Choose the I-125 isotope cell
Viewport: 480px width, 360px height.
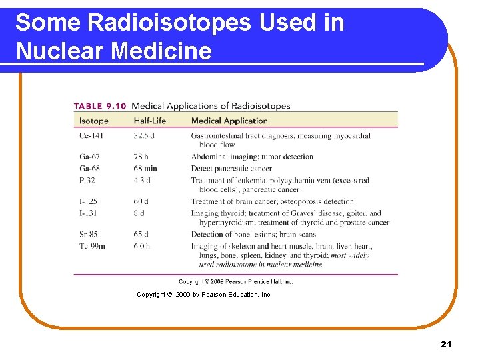point(89,201)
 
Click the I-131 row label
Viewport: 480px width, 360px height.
point(89,213)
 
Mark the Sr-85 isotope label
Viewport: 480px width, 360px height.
point(89,234)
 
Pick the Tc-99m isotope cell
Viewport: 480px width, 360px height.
point(92,246)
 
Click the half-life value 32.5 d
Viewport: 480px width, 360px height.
point(144,136)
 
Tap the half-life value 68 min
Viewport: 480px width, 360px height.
point(145,169)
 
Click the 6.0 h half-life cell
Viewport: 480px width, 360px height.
point(142,246)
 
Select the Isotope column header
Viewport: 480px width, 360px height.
point(93,121)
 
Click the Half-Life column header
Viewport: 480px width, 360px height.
point(149,121)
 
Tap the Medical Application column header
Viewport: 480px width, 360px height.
point(229,121)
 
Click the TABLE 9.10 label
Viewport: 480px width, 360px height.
point(100,106)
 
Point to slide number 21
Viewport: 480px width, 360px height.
point(446,344)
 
